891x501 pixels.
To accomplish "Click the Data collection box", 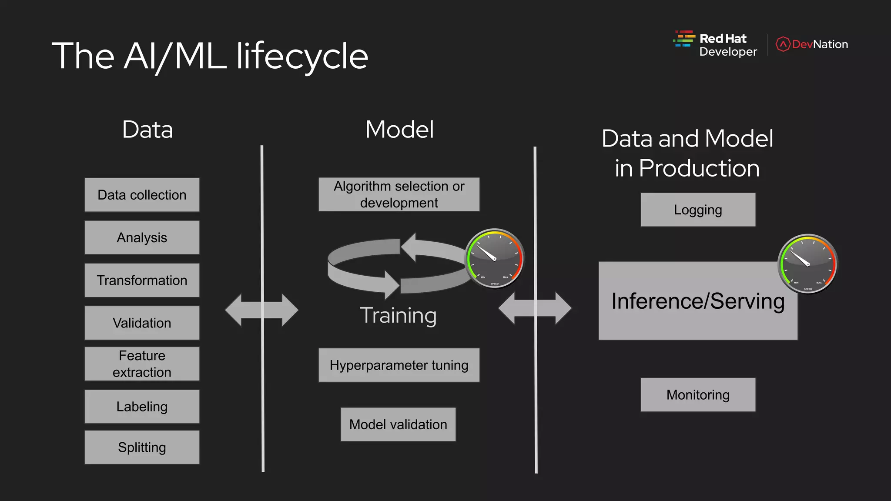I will click(142, 195).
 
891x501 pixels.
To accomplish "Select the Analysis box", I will click(142, 237).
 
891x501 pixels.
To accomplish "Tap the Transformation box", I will click(142, 280).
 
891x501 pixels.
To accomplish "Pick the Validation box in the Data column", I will click(142, 323).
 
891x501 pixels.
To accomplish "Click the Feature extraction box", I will click(142, 364).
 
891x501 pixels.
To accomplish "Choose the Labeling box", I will click(142, 406).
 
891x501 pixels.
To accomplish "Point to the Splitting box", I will click(142, 447).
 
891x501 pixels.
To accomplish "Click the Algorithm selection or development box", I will click(399, 194).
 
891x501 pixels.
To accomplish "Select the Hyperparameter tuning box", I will click(399, 365).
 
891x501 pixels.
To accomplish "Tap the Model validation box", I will click(398, 424).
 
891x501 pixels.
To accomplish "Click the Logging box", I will click(698, 210).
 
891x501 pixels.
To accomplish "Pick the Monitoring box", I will click(698, 394).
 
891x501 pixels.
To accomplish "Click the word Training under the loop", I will click(398, 315).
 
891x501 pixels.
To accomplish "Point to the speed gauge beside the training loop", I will click(495, 258).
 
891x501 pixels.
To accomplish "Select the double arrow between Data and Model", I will click(261, 310).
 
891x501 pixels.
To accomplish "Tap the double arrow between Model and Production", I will click(535, 308).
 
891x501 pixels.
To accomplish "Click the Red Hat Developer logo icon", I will click(684, 39).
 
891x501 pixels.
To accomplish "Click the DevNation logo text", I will click(819, 44).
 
